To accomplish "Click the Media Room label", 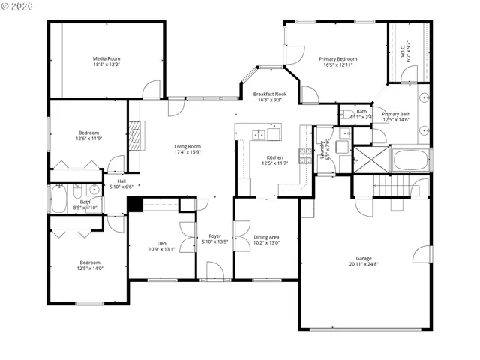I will point(106,58).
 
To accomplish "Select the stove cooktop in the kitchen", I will point(305,155).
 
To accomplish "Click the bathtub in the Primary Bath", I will point(409,159).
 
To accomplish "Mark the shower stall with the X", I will point(370,159).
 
